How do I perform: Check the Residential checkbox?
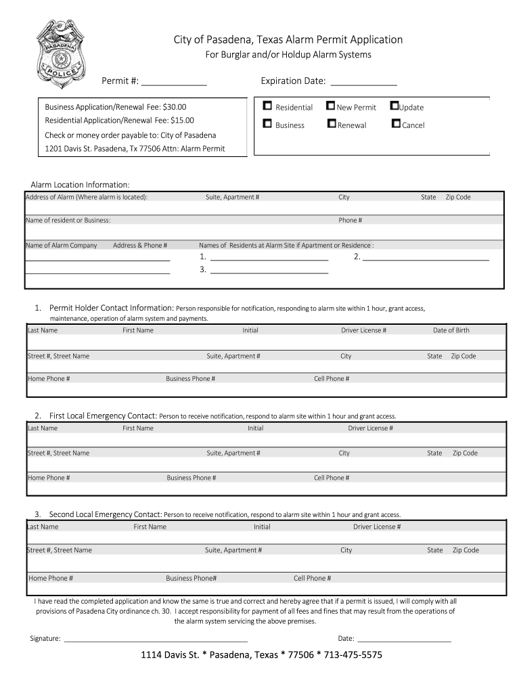click(267, 106)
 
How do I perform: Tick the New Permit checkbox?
click(330, 106)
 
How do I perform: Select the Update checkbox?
click(394, 106)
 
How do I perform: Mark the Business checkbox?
click(267, 124)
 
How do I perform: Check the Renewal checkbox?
click(331, 124)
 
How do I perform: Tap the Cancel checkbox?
click(396, 124)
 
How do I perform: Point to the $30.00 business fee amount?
click(174, 107)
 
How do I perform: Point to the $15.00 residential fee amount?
click(181, 120)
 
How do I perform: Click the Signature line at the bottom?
click(156, 639)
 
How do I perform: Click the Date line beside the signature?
click(404, 639)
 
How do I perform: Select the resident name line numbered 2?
click(426, 259)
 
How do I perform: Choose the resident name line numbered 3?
click(269, 271)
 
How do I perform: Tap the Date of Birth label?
click(451, 330)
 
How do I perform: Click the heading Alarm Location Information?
click(80, 185)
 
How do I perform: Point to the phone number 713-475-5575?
click(353, 655)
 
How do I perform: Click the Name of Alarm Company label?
click(62, 245)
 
